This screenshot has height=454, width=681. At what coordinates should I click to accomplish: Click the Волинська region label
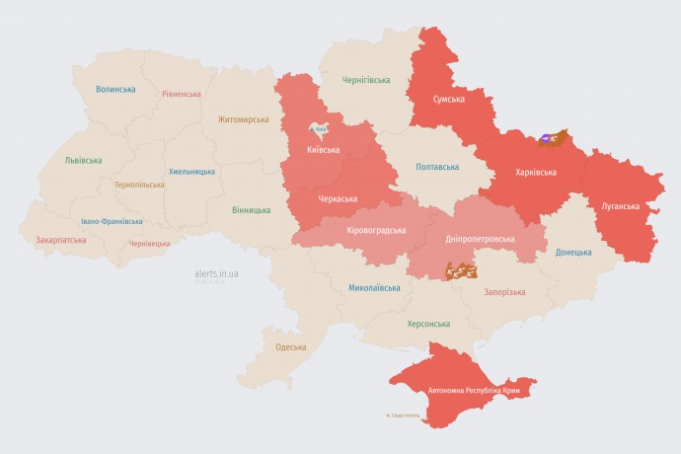115,89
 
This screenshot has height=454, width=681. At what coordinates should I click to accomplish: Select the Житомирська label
243,119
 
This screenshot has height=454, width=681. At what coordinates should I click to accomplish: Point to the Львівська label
83,160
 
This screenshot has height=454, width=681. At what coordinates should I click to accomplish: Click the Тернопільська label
141,185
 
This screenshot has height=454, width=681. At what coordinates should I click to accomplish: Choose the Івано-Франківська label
112,221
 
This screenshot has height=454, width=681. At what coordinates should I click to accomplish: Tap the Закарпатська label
60,239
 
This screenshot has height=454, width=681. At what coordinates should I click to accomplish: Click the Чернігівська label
366,81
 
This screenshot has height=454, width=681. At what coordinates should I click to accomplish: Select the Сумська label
449,99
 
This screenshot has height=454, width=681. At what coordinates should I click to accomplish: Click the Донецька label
573,252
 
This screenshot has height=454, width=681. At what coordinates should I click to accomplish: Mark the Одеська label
290,346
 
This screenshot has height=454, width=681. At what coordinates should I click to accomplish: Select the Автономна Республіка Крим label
474,391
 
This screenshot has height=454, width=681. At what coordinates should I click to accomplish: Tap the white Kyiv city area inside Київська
319,130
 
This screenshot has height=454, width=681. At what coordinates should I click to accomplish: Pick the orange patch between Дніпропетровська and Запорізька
461,269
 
